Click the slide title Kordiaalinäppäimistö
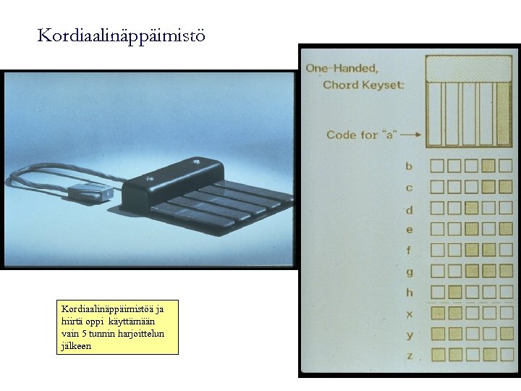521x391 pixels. click(121, 36)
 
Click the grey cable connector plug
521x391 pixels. click(90, 192)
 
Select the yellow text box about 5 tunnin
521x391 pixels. click(117, 327)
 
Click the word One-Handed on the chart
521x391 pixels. click(342, 69)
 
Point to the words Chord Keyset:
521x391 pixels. click(363, 85)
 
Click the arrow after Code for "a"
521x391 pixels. click(411, 135)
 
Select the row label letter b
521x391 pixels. click(409, 166)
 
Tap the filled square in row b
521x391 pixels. click(488, 165)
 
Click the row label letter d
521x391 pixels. click(410, 209)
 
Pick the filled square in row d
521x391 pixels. click(471, 208)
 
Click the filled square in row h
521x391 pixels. click(455, 293)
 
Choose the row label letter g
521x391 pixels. click(410, 272)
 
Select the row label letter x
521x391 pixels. click(410, 314)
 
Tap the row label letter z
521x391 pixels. click(410, 356)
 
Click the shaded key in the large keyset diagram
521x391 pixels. click(504, 114)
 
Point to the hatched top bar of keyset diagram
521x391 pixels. click(468, 70)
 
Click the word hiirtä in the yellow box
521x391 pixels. click(71, 321)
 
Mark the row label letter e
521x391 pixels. click(410, 230)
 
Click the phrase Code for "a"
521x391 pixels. click(362, 135)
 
